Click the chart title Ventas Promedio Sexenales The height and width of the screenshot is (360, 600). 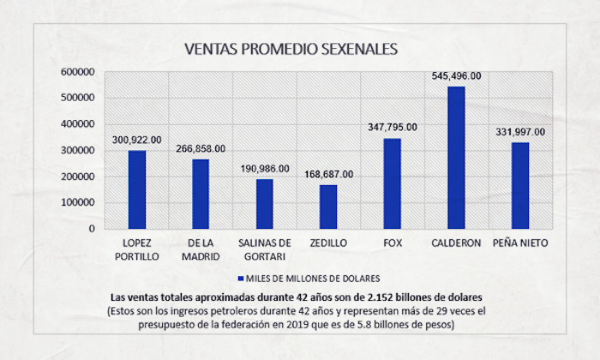pyautogui.click(x=291, y=49)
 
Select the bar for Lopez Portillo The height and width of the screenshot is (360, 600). pyautogui.click(x=137, y=189)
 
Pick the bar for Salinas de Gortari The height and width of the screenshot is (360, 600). pyautogui.click(x=265, y=204)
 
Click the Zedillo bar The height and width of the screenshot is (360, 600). pyautogui.click(x=328, y=207)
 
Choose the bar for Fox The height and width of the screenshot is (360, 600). pyautogui.click(x=392, y=183)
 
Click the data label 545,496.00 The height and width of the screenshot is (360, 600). pyautogui.click(x=456, y=75)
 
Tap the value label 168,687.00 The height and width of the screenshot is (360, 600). pyautogui.click(x=328, y=174)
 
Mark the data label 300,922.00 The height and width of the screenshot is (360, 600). pyautogui.click(x=137, y=139)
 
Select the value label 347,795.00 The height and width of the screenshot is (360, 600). pyautogui.click(x=392, y=127)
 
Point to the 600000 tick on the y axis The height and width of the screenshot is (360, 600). pyautogui.click(x=77, y=72)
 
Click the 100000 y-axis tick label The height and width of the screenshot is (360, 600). pyautogui.click(x=77, y=202)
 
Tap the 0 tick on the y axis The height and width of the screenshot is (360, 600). pyautogui.click(x=89, y=229)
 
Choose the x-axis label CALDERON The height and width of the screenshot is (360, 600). pyautogui.click(x=456, y=243)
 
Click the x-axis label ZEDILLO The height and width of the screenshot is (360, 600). pyautogui.click(x=328, y=243)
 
